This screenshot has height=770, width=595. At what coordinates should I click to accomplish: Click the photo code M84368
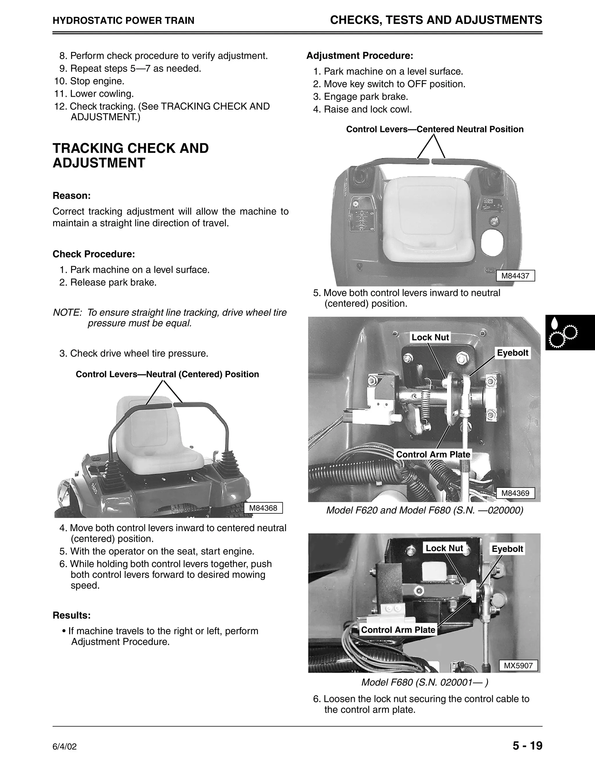(263, 508)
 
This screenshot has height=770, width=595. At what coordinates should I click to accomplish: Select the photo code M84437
(515, 276)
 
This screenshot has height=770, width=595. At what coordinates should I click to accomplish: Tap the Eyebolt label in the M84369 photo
(512, 353)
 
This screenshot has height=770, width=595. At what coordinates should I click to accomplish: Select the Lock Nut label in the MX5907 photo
(444, 548)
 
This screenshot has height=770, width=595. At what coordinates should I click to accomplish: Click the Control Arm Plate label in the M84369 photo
(433, 454)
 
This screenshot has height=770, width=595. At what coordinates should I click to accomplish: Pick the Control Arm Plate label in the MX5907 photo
(398, 630)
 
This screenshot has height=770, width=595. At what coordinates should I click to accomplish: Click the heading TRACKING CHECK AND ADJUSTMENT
(130, 155)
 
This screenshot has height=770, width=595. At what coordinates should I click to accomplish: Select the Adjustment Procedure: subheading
(360, 56)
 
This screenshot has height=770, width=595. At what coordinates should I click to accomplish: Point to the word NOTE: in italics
(67, 313)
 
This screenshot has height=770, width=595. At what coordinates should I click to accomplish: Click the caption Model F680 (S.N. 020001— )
(424, 683)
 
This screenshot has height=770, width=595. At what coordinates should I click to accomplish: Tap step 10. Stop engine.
(89, 81)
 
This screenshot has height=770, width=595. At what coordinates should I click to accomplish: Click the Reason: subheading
(71, 196)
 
